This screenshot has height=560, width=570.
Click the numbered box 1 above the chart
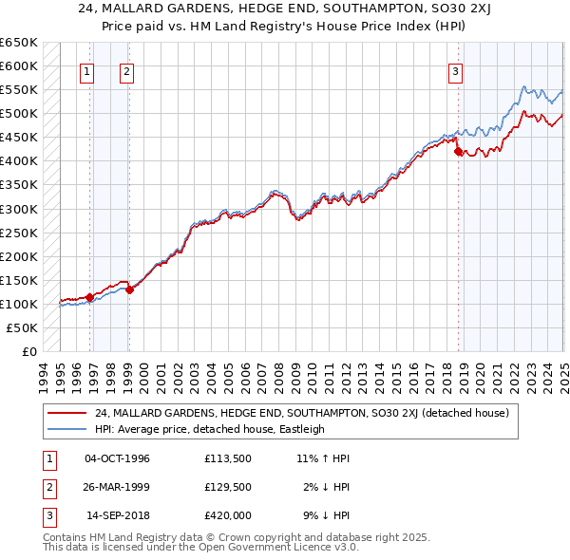[x=86, y=70]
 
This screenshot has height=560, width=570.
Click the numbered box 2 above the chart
[x=126, y=70]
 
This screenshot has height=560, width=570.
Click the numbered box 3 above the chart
[x=455, y=70]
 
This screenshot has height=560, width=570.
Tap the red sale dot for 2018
[x=458, y=151]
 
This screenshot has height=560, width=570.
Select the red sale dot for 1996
[x=89, y=297]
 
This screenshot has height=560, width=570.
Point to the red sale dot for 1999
[x=129, y=289]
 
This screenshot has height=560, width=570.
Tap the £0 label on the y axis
[x=28, y=351]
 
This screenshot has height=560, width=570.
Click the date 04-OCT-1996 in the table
[x=117, y=458]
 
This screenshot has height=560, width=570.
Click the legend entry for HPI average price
[x=209, y=429]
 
